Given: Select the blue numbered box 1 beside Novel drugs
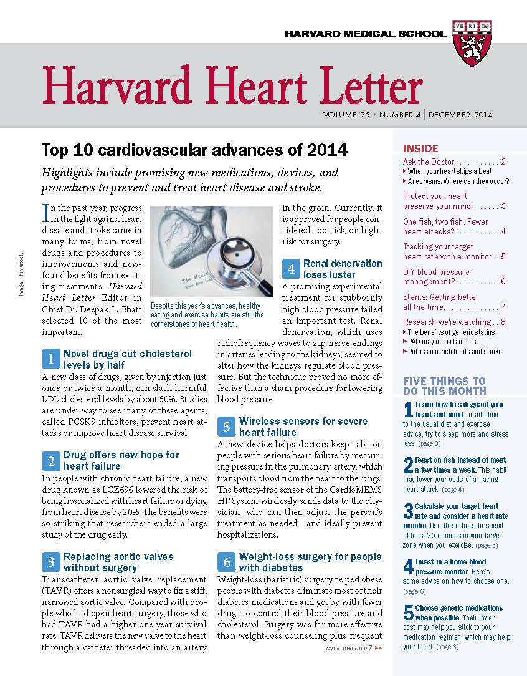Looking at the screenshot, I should (x=50, y=359).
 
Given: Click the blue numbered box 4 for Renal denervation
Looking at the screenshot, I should (x=291, y=269).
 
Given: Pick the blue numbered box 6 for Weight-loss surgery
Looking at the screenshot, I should (x=226, y=562).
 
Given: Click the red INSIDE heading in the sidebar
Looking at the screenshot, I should (x=420, y=148).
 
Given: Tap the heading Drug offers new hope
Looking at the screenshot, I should (x=121, y=460).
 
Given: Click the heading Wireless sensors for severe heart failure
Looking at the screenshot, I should (x=303, y=427).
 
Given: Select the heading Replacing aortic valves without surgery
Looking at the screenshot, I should (x=118, y=562).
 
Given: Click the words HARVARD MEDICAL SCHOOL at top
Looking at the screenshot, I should (x=365, y=34).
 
